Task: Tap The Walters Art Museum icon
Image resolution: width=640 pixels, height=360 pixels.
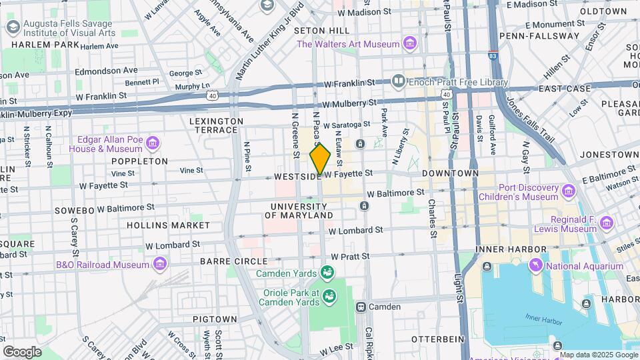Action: pos(410,45)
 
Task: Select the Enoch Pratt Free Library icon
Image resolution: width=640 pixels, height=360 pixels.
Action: pos(399,82)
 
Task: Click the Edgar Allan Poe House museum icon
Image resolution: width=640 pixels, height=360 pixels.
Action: pos(153,143)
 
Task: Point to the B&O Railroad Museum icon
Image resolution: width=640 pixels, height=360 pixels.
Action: pos(159,265)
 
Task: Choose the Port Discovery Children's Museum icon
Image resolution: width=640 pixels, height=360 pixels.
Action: pos(568,192)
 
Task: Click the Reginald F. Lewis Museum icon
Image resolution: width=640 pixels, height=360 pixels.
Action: pos(606,223)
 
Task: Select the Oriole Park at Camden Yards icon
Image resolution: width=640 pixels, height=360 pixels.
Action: pos(328,295)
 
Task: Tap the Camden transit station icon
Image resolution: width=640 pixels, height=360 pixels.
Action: pos(361,307)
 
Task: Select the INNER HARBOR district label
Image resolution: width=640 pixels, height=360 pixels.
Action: pos(507,249)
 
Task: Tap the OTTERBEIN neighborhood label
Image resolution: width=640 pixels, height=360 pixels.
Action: pos(437,339)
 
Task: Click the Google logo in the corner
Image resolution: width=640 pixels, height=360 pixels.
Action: pos(22,351)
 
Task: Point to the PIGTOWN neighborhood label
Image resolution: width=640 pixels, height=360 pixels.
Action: pos(215,319)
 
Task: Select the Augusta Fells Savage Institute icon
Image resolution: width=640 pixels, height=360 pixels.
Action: pos(12,27)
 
